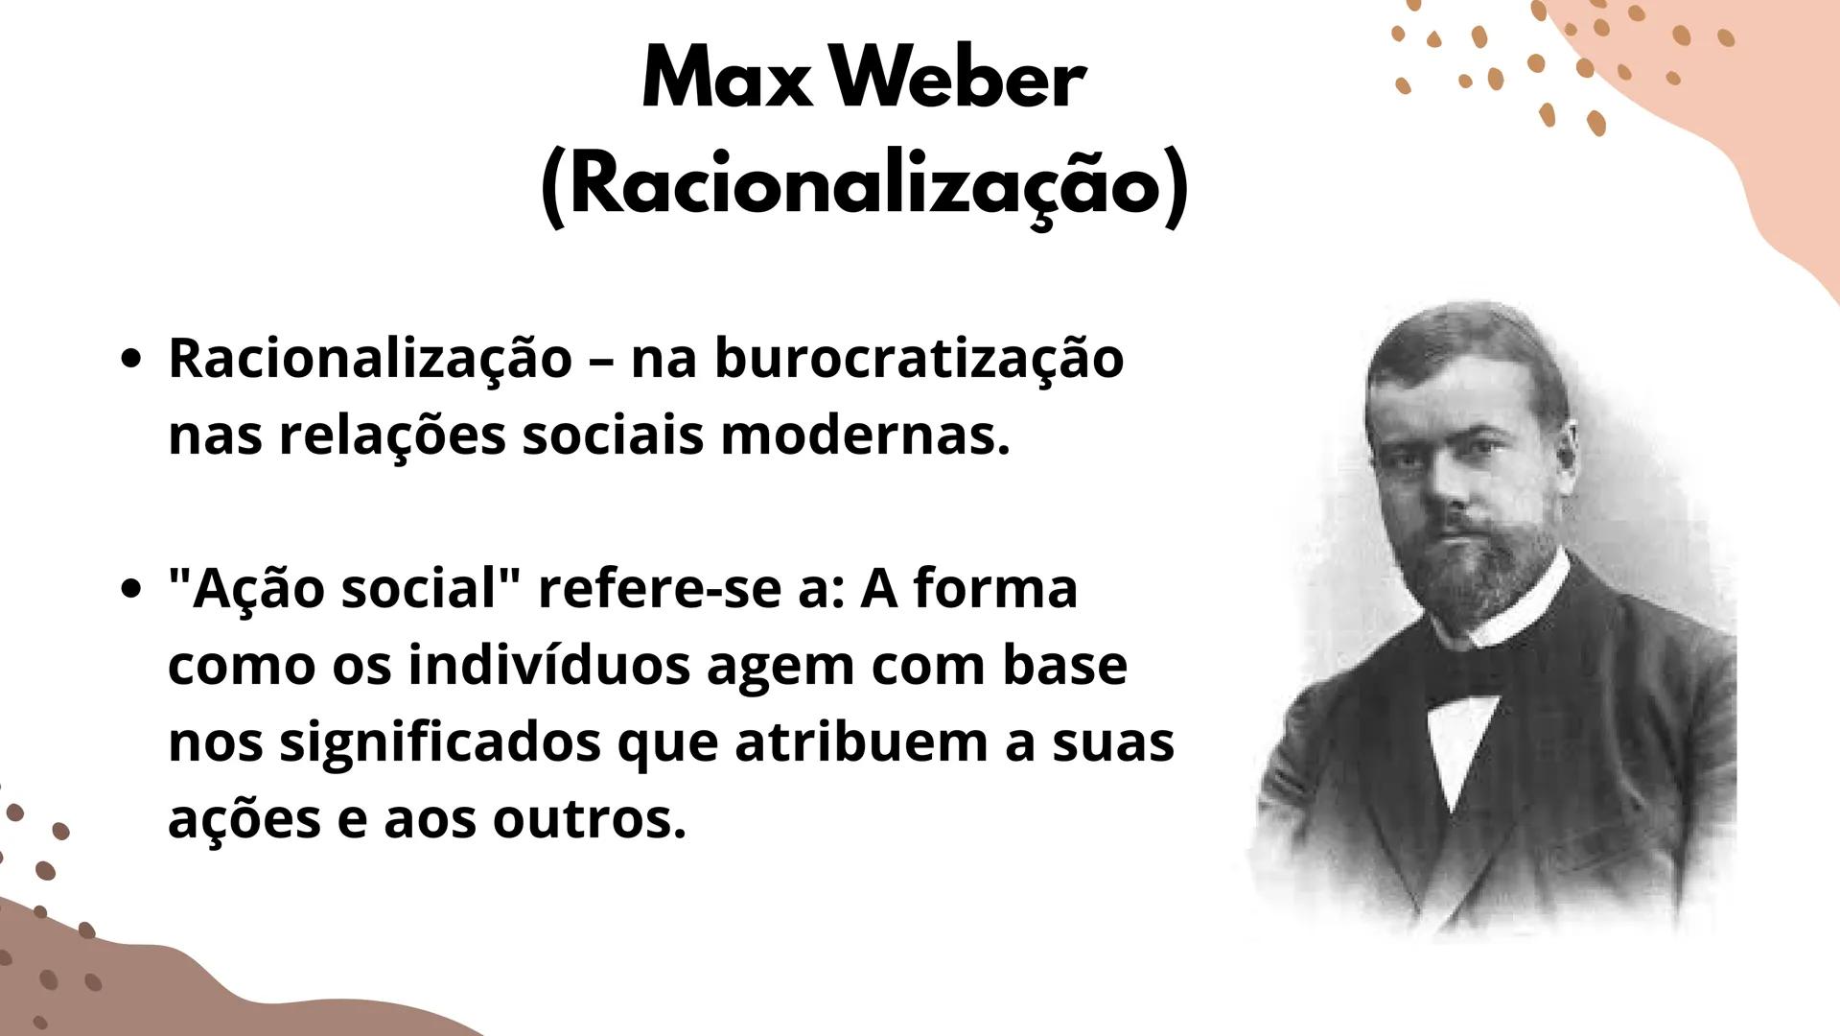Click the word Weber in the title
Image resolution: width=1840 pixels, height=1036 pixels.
[x=959, y=81]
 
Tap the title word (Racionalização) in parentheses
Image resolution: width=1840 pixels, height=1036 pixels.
[x=864, y=189]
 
